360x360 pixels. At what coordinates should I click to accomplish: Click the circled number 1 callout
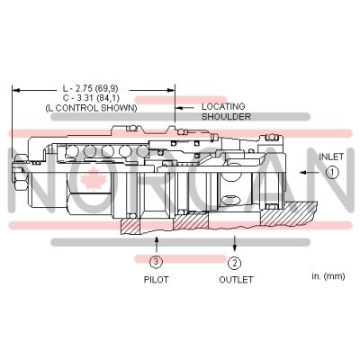[333, 173]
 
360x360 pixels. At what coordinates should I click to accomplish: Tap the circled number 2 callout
[235, 263]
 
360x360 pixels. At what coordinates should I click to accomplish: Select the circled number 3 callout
[156, 262]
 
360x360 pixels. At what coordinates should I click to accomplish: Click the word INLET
[331, 157]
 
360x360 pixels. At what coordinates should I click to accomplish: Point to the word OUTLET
[236, 280]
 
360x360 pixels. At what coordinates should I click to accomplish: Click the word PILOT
[156, 280]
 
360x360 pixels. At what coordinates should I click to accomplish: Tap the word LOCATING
[223, 106]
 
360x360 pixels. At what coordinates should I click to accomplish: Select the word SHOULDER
[226, 116]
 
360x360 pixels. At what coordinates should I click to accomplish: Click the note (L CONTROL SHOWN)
[91, 108]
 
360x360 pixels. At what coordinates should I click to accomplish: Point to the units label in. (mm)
[328, 276]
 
